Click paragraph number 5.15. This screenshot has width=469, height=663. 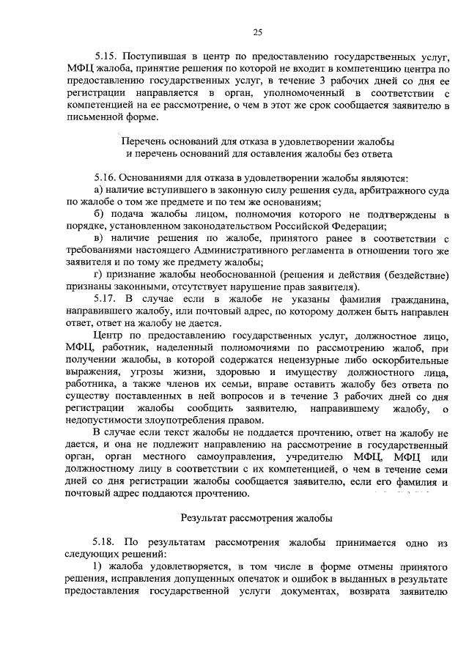point(106,56)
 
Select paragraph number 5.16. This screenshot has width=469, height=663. point(106,177)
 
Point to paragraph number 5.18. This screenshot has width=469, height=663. point(106,542)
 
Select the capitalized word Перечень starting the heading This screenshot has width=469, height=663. point(144,141)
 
